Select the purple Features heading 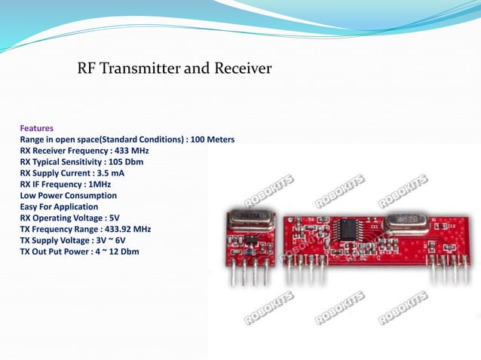tap(36, 128)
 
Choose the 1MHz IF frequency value tap(100, 185)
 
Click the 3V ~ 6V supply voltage tap(115, 241)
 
